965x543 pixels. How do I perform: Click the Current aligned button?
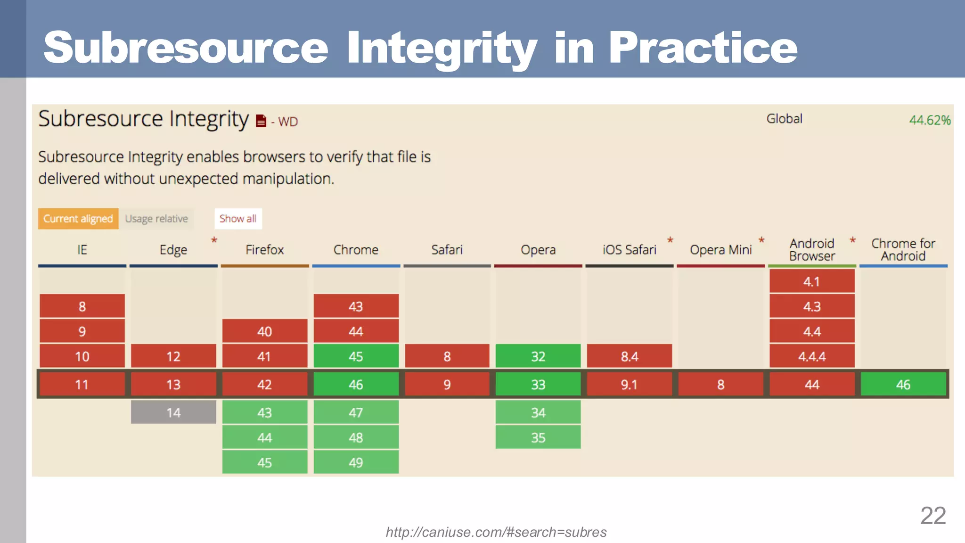coord(78,219)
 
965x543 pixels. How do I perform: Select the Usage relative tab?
coord(156,219)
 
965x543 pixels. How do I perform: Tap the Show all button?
coord(238,219)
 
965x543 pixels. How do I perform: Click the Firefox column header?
coord(264,250)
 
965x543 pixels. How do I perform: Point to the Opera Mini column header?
coord(720,250)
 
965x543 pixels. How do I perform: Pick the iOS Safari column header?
coord(629,250)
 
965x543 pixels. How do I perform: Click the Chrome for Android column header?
coord(903,250)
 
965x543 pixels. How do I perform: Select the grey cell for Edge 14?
coord(173,412)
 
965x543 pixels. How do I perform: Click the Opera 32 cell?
coord(538,356)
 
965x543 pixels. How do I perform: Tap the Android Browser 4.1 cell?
coord(812,281)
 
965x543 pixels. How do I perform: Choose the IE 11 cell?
coord(82,385)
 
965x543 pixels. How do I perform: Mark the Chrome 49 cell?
coord(356,462)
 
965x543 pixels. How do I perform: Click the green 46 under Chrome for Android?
coord(903,385)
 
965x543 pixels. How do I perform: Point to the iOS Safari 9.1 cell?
coord(629,385)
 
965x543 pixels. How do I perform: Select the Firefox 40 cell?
coord(264,331)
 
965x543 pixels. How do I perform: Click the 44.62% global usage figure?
coord(930,120)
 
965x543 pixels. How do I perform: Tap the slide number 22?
coord(933,516)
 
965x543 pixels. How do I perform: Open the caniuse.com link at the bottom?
coord(496,532)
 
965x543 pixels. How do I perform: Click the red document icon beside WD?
coord(261,121)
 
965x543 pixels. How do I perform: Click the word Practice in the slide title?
coord(703,48)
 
